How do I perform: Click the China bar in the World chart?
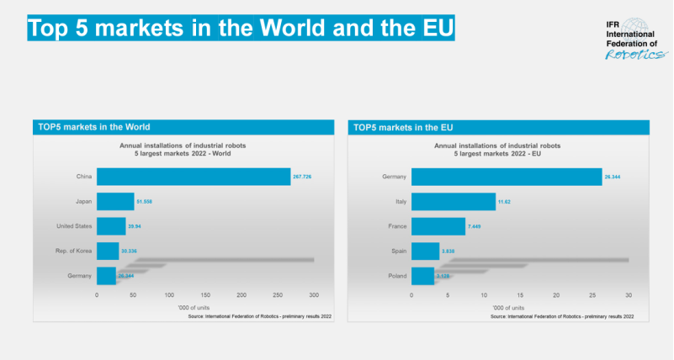pyautogui.click(x=194, y=177)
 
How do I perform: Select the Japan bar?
pyautogui.click(x=115, y=202)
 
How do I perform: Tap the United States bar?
pyautogui.click(x=111, y=226)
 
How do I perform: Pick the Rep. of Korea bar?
pyautogui.click(x=108, y=251)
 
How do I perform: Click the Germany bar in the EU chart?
pyautogui.click(x=507, y=177)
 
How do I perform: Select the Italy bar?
pyautogui.click(x=454, y=202)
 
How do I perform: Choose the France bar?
pyautogui.click(x=438, y=226)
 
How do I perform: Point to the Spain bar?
pyautogui.click(x=425, y=251)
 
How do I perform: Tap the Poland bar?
pyautogui.click(x=422, y=275)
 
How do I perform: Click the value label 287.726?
pyautogui.click(x=302, y=177)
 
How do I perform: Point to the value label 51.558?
pyautogui.click(x=145, y=202)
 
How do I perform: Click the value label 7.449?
pyautogui.click(x=476, y=226)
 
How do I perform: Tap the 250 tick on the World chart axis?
pyautogui.click(x=278, y=295)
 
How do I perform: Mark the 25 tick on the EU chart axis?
pyautogui.click(x=592, y=295)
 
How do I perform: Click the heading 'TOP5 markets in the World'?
pyautogui.click(x=94, y=128)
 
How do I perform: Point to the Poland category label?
pyautogui.click(x=396, y=275)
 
